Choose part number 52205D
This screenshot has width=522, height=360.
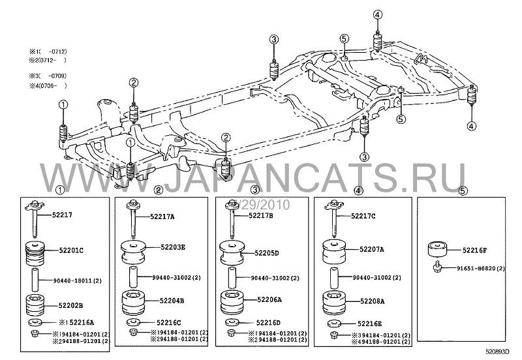[267, 252]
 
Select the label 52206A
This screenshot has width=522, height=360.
[268, 301]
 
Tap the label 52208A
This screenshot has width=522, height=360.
[371, 302]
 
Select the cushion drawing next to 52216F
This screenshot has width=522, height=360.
[437, 249]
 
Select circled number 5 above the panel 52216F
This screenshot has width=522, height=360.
[463, 190]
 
